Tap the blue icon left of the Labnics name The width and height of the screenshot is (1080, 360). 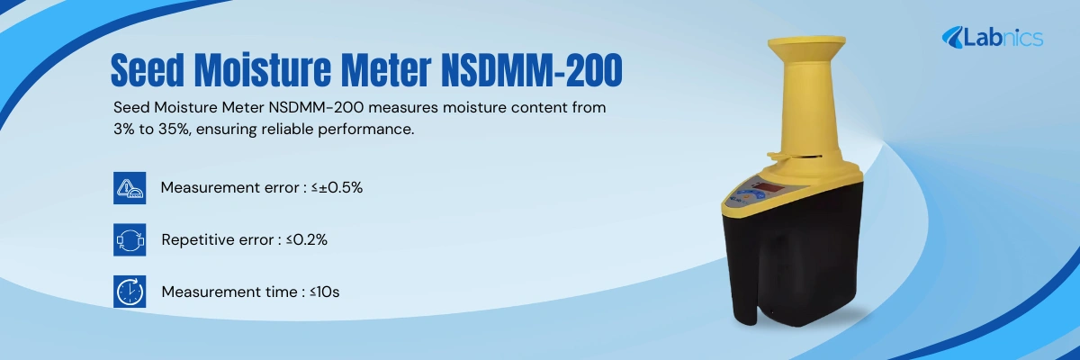[x=953, y=37]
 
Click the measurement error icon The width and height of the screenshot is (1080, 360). [x=130, y=187]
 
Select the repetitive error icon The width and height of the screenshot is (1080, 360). [x=130, y=240]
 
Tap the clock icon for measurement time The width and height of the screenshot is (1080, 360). [x=130, y=292]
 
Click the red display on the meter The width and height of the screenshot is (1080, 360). [x=773, y=189]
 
